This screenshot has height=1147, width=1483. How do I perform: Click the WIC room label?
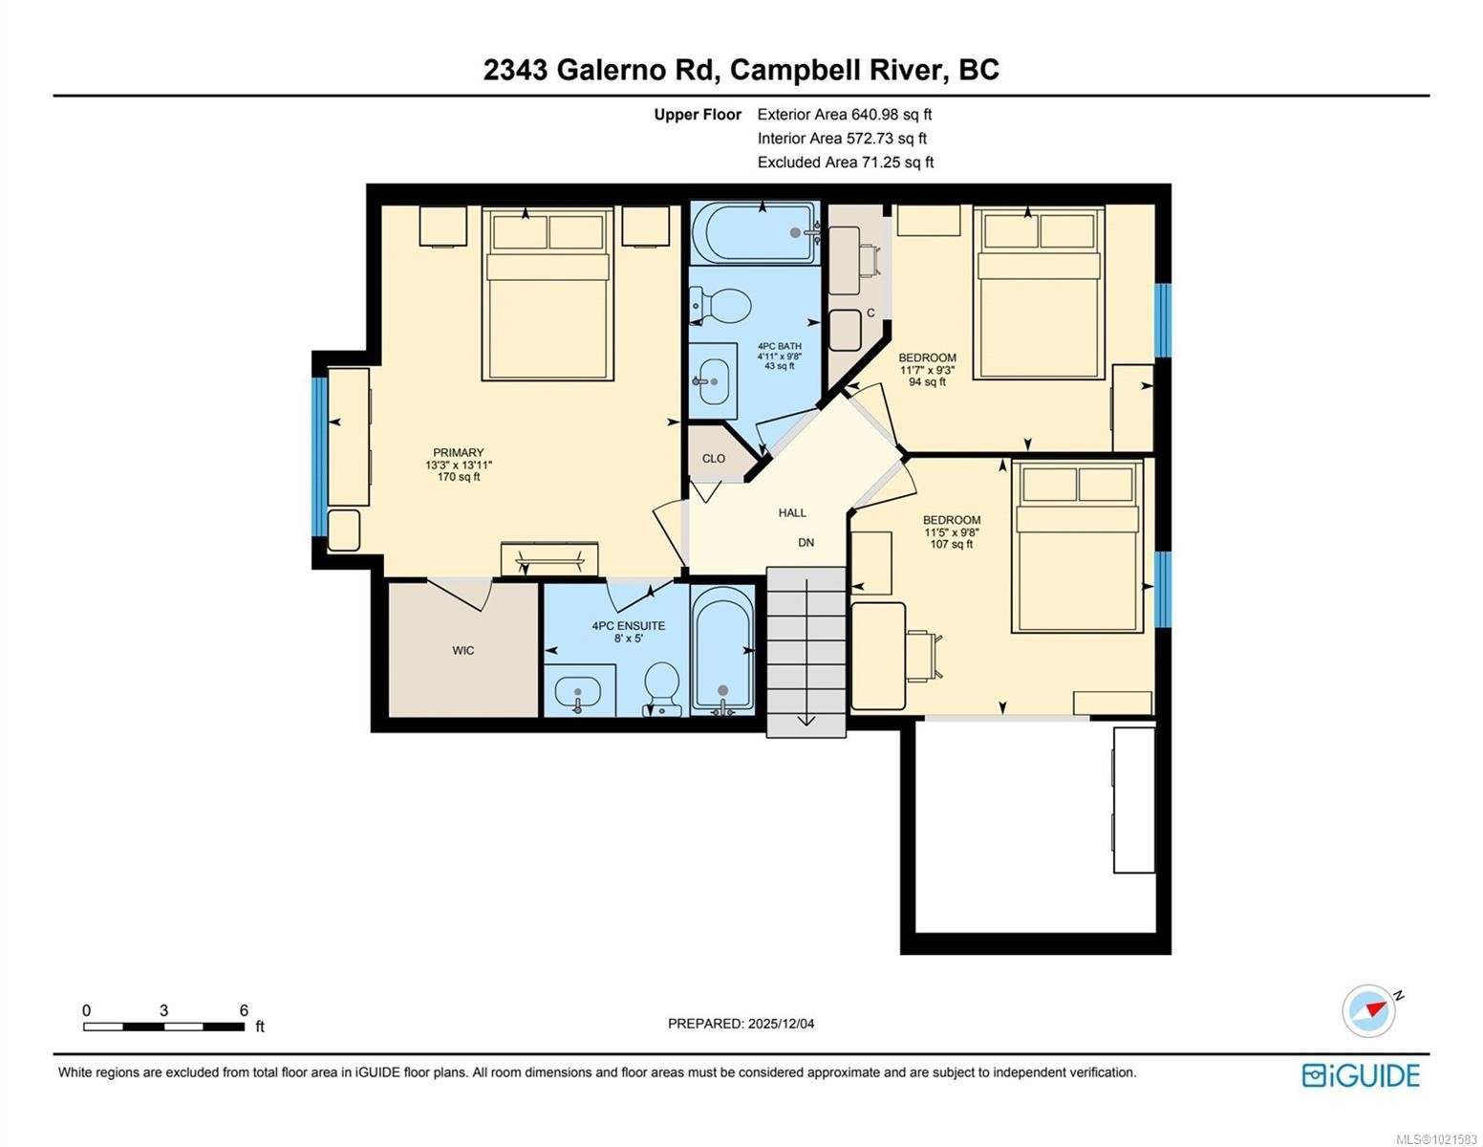tap(463, 651)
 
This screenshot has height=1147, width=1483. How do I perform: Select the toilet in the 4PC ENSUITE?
tap(661, 686)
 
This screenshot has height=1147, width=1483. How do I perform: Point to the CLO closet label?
tap(714, 459)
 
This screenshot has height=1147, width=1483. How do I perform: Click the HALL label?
tap(792, 513)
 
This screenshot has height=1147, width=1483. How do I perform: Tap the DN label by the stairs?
tap(806, 543)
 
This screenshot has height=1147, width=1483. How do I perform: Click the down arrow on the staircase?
tap(806, 717)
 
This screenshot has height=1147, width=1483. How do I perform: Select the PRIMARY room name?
tap(459, 453)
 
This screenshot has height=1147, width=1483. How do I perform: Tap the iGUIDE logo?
tap(1361, 1075)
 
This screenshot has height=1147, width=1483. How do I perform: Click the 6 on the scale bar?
tap(244, 1010)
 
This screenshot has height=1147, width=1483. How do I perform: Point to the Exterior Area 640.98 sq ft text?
tap(845, 115)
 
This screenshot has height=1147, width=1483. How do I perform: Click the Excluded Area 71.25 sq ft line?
tap(846, 162)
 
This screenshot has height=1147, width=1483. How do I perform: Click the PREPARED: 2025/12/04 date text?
tap(741, 1024)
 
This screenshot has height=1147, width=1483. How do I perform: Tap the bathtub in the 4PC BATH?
tap(755, 232)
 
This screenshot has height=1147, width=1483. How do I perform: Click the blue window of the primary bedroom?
tap(320, 457)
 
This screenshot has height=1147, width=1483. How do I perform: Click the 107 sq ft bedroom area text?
tap(952, 545)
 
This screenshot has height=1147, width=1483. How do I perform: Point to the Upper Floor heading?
tap(698, 115)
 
